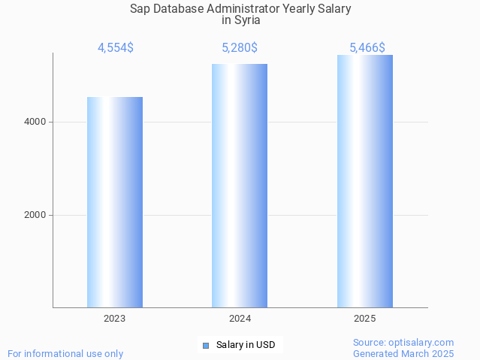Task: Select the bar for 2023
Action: [x=115, y=202]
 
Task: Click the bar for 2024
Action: [x=240, y=186]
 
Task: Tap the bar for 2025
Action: [x=365, y=181]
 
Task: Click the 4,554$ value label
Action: [x=116, y=48]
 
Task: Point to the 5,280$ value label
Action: [x=240, y=48]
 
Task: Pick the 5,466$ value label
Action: [x=367, y=48]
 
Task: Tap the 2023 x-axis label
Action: [x=115, y=319]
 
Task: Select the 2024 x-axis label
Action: [x=240, y=319]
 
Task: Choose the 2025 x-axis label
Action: [x=365, y=319]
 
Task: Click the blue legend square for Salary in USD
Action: [x=205, y=346]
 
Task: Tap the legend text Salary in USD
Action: [x=246, y=346]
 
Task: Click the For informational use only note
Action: [x=65, y=354]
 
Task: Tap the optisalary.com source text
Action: [x=403, y=343]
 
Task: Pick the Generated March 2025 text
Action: [x=403, y=354]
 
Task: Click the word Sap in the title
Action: [x=140, y=9]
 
